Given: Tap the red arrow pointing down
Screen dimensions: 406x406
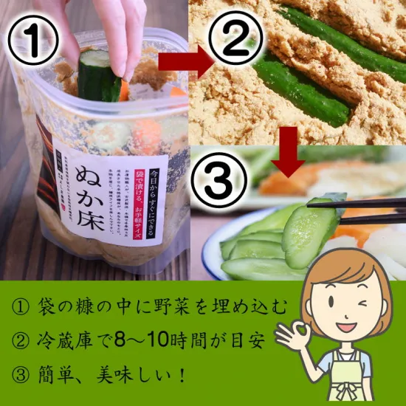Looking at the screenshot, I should (x=293, y=151).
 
